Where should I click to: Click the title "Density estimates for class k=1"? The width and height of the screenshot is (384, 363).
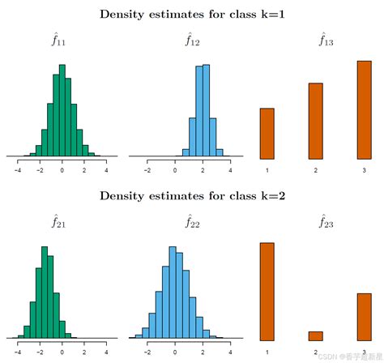pyautogui.click(x=191, y=14)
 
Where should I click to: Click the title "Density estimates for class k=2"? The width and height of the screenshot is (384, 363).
pyautogui.click(x=191, y=195)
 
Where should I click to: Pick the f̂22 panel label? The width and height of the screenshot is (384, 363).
pyautogui.click(x=190, y=221)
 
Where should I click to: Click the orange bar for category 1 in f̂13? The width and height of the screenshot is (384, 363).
pyautogui.click(x=267, y=132)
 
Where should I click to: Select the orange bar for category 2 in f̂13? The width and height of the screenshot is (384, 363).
pyautogui.click(x=316, y=119)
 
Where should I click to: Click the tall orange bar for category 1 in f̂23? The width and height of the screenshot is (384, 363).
pyautogui.click(x=267, y=291)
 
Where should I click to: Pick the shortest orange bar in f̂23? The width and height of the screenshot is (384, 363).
pyautogui.click(x=316, y=335)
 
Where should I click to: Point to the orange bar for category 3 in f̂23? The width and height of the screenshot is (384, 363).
pyautogui.click(x=364, y=316)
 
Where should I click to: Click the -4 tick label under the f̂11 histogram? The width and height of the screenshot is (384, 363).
pyautogui.click(x=19, y=171)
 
